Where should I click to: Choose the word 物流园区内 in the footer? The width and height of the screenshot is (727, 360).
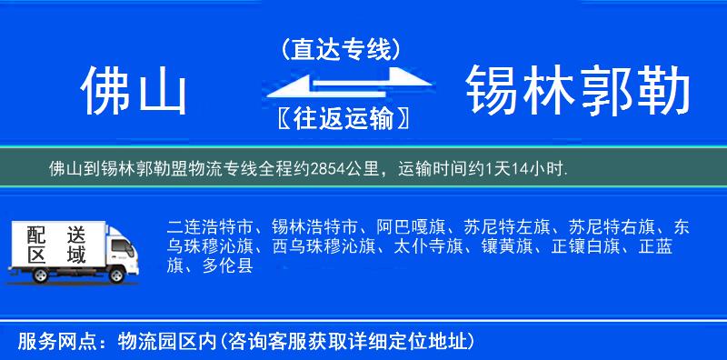pyautogui.click(x=169, y=341)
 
